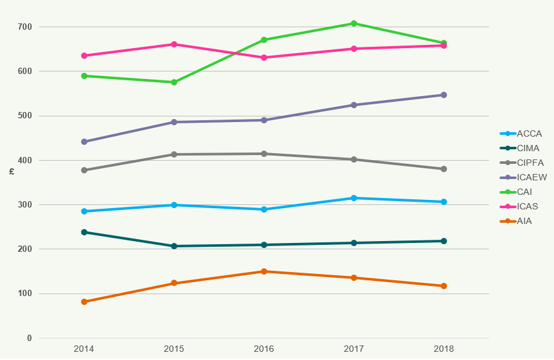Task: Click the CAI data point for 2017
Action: [354, 23]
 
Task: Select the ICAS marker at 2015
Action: [174, 44]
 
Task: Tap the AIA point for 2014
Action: [84, 302]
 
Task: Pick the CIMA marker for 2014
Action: [84, 232]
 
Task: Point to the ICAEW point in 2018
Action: [444, 95]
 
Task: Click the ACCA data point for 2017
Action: [354, 198]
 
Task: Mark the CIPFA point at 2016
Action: [264, 154]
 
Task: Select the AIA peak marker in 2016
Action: [264, 271]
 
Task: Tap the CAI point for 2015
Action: [174, 82]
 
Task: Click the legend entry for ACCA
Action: [529, 133]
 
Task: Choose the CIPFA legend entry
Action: [530, 163]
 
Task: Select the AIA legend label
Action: [524, 221]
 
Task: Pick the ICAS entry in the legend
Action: [527, 206]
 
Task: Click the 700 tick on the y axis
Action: [25, 27]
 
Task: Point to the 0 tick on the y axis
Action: [29, 338]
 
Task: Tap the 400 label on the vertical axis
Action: [25, 160]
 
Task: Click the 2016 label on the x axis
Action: [264, 349]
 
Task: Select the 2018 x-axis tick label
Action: [444, 349]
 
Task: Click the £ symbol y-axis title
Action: [11, 171]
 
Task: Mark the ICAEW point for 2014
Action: [84, 142]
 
